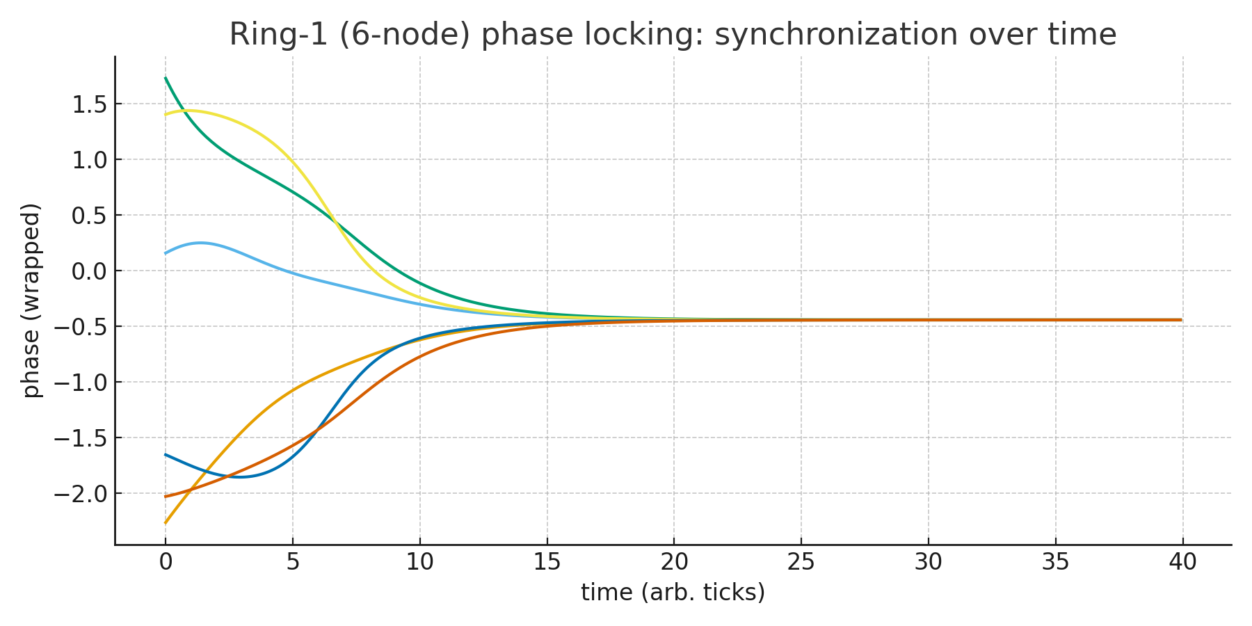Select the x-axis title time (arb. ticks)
click(x=673, y=593)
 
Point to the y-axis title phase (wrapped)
click(x=31, y=300)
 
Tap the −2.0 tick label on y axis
click(x=81, y=494)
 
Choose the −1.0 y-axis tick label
click(x=81, y=383)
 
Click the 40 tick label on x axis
click(x=1182, y=562)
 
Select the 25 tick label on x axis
click(x=801, y=562)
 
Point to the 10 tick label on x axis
click(x=419, y=562)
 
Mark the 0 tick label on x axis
click(x=166, y=562)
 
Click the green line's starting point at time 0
click(x=166, y=78)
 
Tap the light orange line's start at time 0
click(x=166, y=523)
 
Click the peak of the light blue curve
click(x=200, y=243)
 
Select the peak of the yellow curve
click(x=190, y=111)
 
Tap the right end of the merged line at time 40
click(x=1181, y=320)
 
